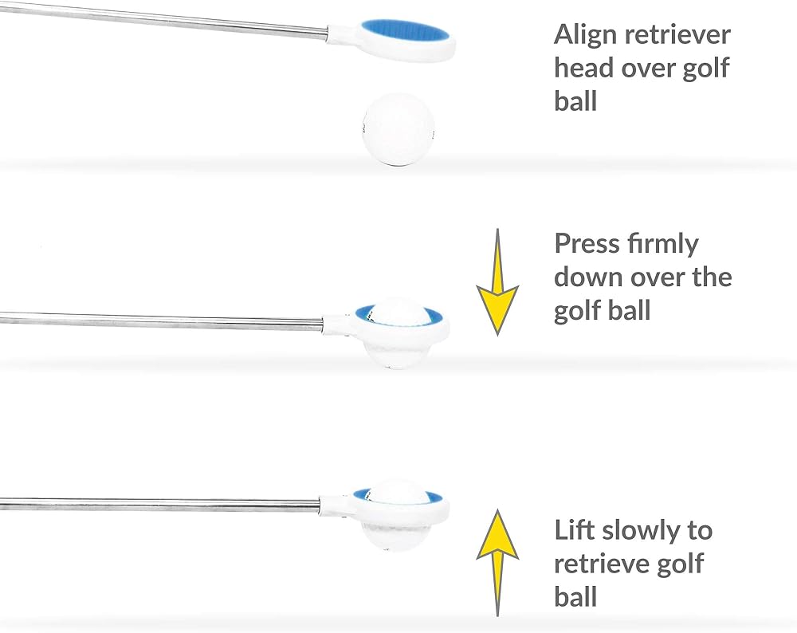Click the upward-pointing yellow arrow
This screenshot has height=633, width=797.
pos(497,558)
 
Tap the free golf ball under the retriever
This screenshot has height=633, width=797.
pos(396,128)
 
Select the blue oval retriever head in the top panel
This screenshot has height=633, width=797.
pos(404,33)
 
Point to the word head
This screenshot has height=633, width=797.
pos(585,68)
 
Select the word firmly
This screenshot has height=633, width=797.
pos(662,244)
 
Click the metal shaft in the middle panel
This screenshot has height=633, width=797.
pos(159,320)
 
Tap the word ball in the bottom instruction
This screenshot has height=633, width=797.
pos(575,596)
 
